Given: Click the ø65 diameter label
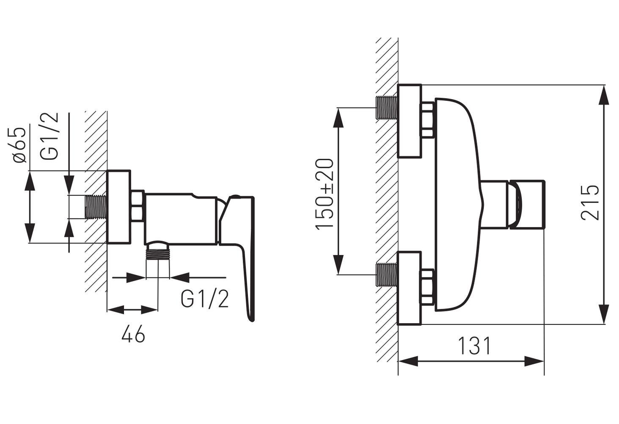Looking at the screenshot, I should click(19, 145).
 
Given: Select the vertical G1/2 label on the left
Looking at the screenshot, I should click(50, 136).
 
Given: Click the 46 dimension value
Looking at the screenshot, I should click(133, 335).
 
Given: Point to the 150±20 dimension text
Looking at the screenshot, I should click(325, 194).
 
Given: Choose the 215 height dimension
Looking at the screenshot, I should click(590, 202).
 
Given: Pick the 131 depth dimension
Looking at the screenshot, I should click(475, 346).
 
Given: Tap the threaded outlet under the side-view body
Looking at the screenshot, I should click(158, 254).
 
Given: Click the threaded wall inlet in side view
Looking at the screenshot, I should click(96, 207).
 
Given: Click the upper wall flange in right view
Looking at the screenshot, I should click(410, 121).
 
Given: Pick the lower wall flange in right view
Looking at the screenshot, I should click(410, 288).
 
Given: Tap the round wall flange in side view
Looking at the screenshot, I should click(119, 207).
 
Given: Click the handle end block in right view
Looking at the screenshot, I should click(527, 205).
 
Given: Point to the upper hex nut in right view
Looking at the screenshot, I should click(427, 120).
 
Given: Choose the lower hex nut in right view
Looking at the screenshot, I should click(427, 287).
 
